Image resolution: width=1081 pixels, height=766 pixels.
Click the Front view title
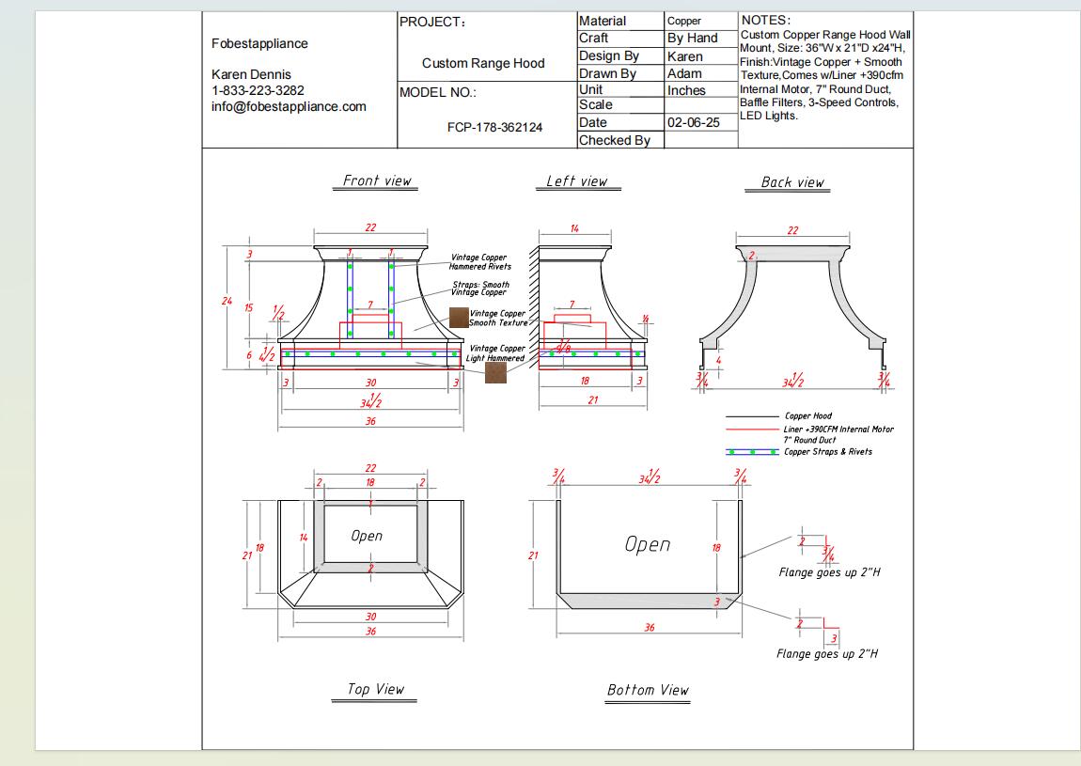tap(377, 180)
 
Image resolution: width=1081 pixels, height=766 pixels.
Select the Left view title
tap(577, 181)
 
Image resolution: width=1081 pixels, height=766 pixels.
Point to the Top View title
tap(375, 689)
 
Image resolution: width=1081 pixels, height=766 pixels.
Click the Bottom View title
tap(648, 690)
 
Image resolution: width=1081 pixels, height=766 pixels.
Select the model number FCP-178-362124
tap(494, 127)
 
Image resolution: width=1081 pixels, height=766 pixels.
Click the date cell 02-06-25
tap(693, 123)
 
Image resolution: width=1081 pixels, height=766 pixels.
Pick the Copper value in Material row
tap(684, 21)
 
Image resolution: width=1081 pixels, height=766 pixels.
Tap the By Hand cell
tap(692, 39)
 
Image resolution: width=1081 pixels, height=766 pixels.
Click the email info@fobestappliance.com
tap(289, 106)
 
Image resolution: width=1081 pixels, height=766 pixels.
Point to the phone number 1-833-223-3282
tap(258, 90)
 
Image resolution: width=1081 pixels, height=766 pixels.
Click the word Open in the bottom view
tap(648, 544)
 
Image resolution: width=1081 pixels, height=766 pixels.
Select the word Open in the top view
tap(367, 536)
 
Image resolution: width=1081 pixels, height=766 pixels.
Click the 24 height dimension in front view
tap(227, 301)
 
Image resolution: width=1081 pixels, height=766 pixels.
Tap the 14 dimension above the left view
tap(574, 229)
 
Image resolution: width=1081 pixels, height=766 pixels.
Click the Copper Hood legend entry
tap(807, 415)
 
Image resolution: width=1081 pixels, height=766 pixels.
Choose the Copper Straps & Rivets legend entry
tap(827, 452)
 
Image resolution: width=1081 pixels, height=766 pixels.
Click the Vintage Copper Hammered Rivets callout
tap(479, 262)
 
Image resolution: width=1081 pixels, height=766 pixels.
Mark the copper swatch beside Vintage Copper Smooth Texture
tap(458, 319)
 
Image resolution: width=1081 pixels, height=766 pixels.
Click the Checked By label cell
tap(615, 140)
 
